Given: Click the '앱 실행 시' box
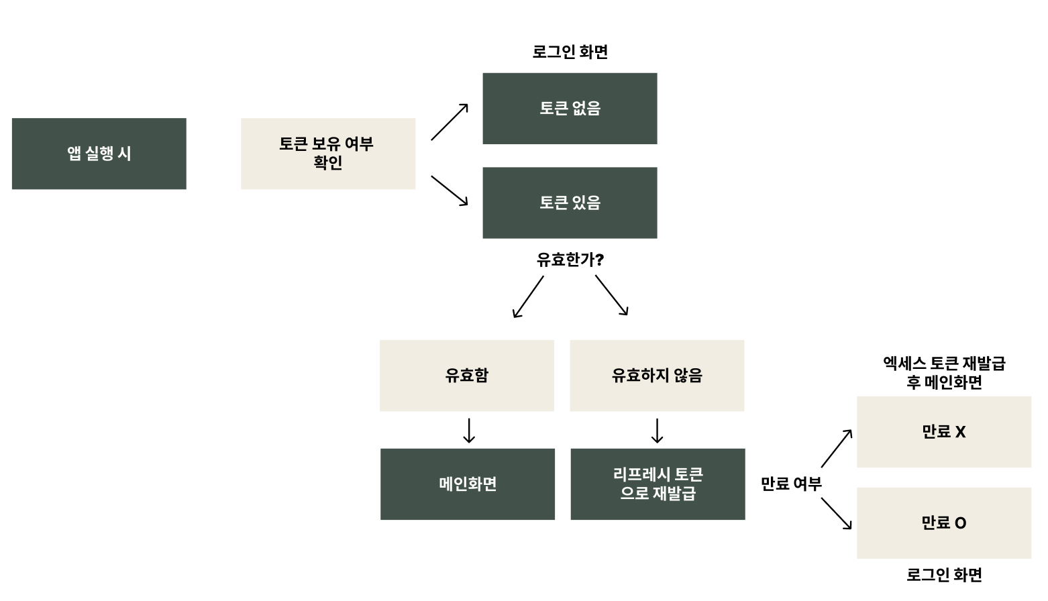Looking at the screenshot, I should coord(99,154).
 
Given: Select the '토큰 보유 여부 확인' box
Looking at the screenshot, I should coord(327,154).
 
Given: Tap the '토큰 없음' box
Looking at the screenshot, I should coord(570,109).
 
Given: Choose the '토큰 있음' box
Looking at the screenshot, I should coord(570,203).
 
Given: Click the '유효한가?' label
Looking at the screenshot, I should coord(570,260).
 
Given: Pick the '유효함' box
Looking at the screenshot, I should coord(467,375).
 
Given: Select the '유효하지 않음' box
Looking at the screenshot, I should coord(657,375).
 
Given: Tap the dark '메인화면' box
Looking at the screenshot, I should coord(468,484).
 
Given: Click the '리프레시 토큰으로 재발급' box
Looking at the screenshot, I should coord(658,484).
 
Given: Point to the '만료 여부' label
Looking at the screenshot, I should coord(791,484).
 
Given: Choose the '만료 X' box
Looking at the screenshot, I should coord(943,432).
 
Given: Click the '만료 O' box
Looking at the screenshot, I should coord(943,523).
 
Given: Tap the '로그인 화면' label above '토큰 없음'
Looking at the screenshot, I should coord(570,52).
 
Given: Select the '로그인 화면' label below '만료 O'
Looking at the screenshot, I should coord(943,574).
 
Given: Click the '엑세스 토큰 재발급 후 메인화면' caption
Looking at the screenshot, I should coord(943,373).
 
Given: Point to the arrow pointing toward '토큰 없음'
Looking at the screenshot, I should coord(450,122).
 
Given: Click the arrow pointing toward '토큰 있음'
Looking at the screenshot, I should coord(450,190).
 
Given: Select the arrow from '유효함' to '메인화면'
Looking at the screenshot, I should coord(469,431).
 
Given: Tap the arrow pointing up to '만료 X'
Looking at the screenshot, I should coord(837,448).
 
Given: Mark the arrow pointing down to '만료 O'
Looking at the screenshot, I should coord(837,514).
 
